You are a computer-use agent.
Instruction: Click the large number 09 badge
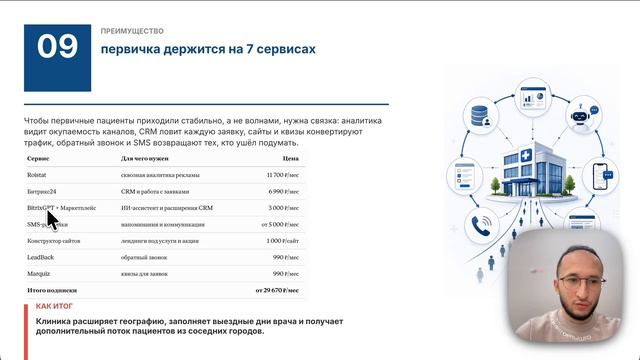[59, 47]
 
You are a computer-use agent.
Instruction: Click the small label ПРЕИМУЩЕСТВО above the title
[133, 31]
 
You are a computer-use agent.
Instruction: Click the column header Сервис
[39, 158]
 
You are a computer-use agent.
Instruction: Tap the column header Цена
[291, 158]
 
